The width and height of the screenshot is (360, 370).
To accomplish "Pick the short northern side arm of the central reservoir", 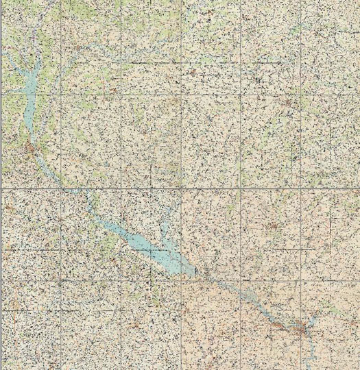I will tap(165, 230).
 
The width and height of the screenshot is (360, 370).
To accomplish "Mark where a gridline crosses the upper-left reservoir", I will tap(27, 93).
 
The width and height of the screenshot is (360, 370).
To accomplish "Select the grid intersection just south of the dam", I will tap(182, 281).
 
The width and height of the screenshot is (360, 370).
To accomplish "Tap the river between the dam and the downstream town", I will tap(247, 295).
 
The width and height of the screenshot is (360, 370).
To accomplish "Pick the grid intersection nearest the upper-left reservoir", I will tap(60, 93).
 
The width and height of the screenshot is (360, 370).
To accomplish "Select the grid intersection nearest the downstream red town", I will tap(302, 281).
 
